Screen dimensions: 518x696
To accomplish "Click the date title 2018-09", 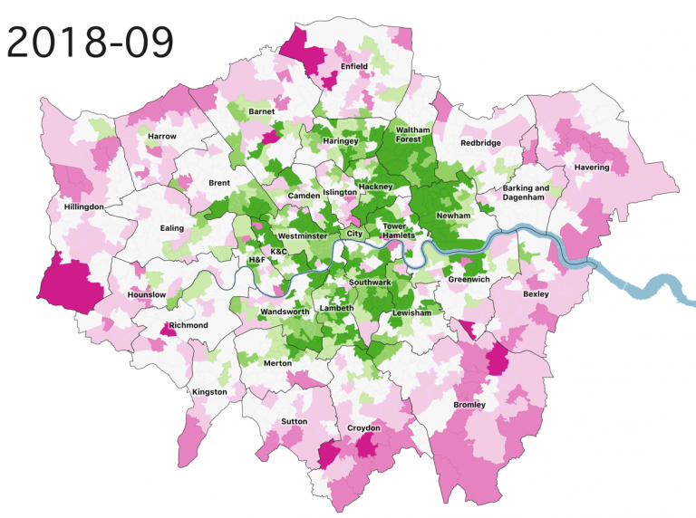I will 90,40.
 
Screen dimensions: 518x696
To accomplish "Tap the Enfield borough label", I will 353,67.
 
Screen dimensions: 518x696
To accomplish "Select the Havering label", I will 591,168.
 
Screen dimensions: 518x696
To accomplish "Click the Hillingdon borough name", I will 84,206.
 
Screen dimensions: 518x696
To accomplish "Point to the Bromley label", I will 469,404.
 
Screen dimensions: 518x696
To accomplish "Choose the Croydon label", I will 362,427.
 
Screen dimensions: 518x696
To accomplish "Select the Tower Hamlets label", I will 398,230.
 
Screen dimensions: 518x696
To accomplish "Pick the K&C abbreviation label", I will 279,251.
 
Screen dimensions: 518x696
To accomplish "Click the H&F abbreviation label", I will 257,260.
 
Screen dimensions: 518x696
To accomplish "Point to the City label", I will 354,235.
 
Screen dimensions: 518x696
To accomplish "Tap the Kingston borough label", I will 209,392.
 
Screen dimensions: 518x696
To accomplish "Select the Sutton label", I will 294,422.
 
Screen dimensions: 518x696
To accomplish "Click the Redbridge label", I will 479,143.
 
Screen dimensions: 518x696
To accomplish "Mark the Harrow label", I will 161,136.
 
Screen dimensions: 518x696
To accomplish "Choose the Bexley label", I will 536,294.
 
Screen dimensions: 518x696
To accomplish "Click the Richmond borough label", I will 188,325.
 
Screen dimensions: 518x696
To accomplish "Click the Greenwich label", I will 469,280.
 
